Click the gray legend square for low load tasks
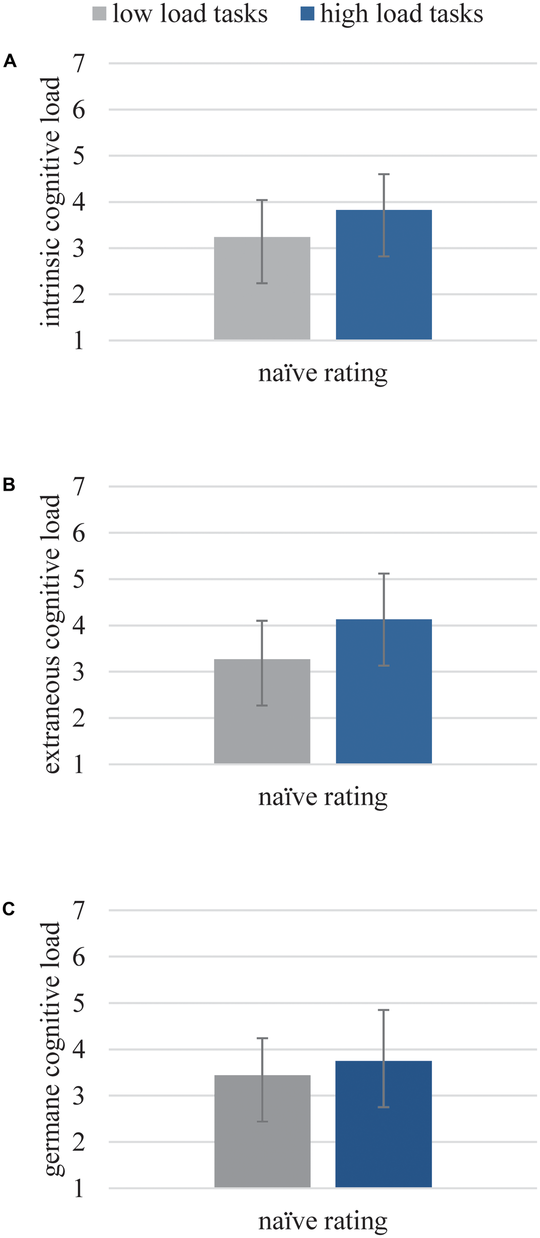click(x=99, y=13)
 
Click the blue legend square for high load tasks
click(x=307, y=13)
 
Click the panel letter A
click(x=10, y=61)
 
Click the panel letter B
click(x=9, y=485)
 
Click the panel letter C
click(x=9, y=909)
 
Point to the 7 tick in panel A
click(x=79, y=63)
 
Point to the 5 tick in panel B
click(x=79, y=579)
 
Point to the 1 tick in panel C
click(x=79, y=1188)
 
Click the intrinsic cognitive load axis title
click(x=52, y=202)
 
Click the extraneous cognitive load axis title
click(x=52, y=625)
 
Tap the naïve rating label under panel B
click(x=323, y=797)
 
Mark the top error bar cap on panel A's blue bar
click(x=383, y=174)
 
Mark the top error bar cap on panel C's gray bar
click(x=262, y=1038)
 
